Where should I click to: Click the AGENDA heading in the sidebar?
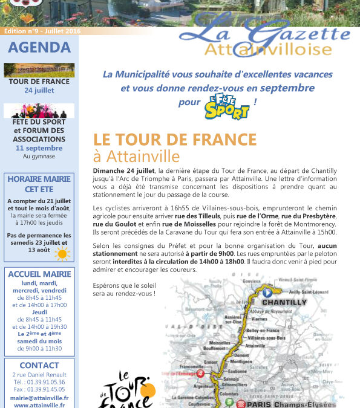[x=39, y=47]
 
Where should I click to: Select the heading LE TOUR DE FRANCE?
[x=175, y=138]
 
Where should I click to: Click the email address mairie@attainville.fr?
[x=39, y=398]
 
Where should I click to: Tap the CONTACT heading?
[x=39, y=365]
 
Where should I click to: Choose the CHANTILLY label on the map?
[x=284, y=302]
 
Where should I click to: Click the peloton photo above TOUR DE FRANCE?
[x=39, y=70]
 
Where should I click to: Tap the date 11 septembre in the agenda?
[x=39, y=148]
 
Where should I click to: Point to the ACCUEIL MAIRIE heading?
[x=39, y=274]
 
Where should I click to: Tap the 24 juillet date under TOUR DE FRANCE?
[x=39, y=90]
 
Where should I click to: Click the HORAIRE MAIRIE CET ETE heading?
[x=39, y=184]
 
